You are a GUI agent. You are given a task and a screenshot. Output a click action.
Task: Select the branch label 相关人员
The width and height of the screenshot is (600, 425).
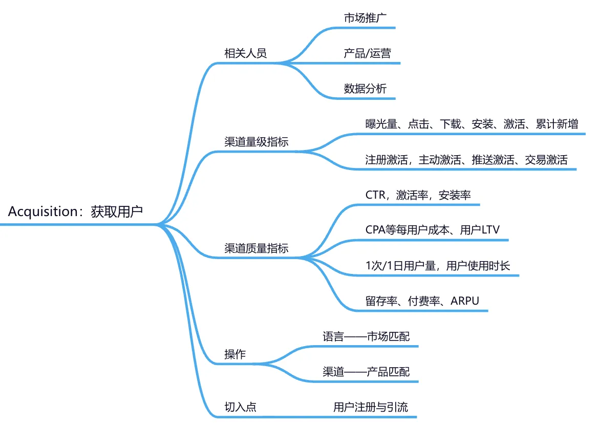tap(246, 53)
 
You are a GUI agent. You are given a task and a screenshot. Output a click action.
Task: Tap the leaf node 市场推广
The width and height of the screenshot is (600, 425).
tap(365, 17)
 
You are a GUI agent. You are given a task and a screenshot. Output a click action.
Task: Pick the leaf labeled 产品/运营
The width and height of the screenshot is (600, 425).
tap(367, 53)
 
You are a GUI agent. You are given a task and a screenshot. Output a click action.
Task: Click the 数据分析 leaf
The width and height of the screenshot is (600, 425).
tap(365, 89)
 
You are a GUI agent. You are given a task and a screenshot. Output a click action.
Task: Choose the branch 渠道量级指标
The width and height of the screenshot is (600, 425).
tap(256, 141)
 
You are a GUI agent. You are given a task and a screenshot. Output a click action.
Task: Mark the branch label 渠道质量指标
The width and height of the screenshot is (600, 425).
tap(256, 248)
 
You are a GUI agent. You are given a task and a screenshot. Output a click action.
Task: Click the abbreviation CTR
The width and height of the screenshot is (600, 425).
tap(375, 195)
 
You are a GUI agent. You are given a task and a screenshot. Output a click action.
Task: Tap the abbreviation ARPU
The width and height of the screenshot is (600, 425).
tap(465, 301)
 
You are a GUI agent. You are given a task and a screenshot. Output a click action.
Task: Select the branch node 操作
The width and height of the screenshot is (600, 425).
tap(235, 354)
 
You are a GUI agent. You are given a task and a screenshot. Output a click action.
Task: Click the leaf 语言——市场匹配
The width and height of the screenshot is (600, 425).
tap(366, 336)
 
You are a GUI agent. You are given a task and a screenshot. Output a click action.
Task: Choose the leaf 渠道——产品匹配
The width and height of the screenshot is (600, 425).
tap(366, 372)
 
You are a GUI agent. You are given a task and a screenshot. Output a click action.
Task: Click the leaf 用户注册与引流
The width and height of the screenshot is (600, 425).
tap(371, 407)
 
